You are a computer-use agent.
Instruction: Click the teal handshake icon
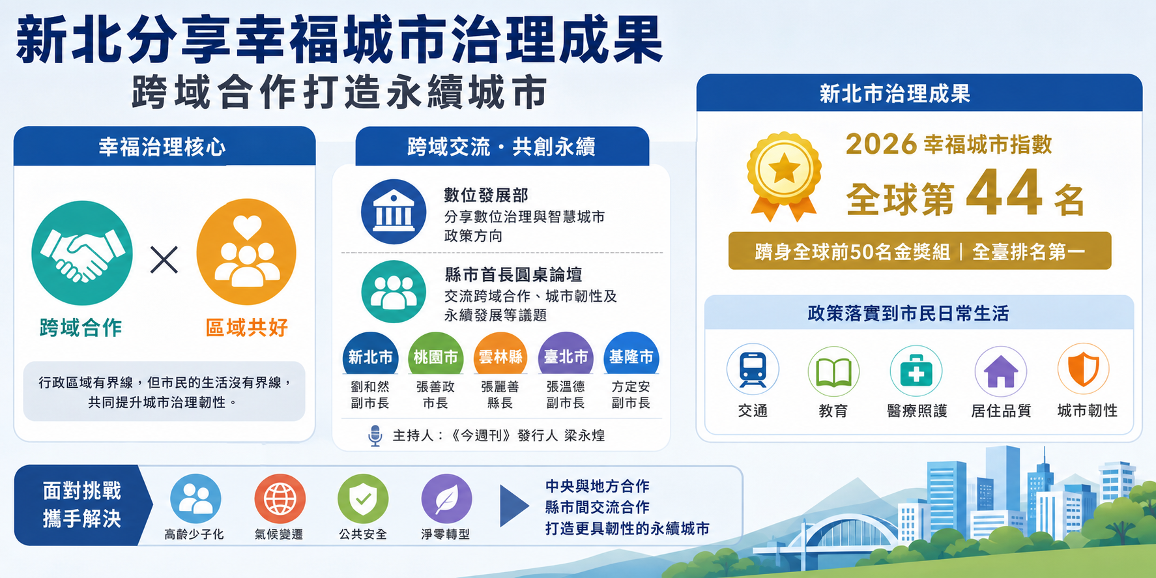coord(82,253)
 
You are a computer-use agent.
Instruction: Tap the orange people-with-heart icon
coord(246,252)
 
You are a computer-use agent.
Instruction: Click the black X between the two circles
coord(164,259)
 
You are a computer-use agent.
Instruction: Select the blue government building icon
coord(394,212)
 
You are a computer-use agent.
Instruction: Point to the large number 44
coord(1004,192)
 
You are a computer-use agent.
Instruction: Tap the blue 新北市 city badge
coord(370,356)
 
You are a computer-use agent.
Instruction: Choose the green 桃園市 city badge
coord(435,356)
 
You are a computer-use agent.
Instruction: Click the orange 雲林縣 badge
coord(500,356)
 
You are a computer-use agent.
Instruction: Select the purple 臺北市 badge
coord(566,356)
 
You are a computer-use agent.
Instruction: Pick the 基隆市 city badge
coord(631,356)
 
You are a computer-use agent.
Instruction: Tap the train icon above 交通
coord(753,369)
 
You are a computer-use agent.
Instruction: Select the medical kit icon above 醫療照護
coord(916,371)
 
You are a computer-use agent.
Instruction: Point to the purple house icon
coord(1001,371)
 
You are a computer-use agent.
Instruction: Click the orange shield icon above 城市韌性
coord(1084,369)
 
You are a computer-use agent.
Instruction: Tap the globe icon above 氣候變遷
coord(280,499)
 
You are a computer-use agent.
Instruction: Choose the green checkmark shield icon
coord(363,499)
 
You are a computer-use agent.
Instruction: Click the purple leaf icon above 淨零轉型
coord(446,499)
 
